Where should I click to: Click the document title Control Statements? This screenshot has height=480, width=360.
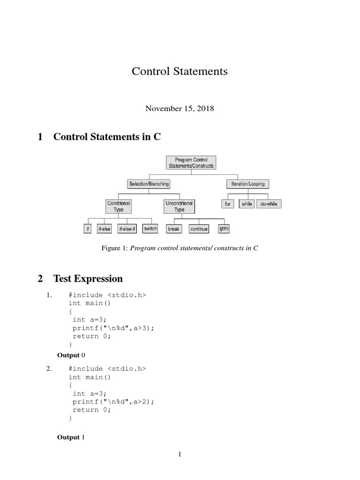click(180, 71)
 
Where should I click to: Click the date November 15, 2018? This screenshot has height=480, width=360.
click(180, 108)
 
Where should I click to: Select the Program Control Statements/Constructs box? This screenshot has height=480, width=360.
click(191, 163)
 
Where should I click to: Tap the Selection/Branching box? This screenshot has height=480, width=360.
click(149, 184)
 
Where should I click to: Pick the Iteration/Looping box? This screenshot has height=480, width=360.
click(248, 184)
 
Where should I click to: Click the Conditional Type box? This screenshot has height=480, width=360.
click(119, 206)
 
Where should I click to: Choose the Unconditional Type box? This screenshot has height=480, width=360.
click(179, 206)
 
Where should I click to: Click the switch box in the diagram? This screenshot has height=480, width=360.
click(150, 229)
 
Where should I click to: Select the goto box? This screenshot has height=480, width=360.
click(224, 229)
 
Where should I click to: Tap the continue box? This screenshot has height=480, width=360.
click(199, 229)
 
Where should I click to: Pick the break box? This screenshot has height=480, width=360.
click(173, 229)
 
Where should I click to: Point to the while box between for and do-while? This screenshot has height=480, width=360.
click(247, 204)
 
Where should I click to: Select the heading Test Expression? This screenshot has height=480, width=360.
click(88, 278)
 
